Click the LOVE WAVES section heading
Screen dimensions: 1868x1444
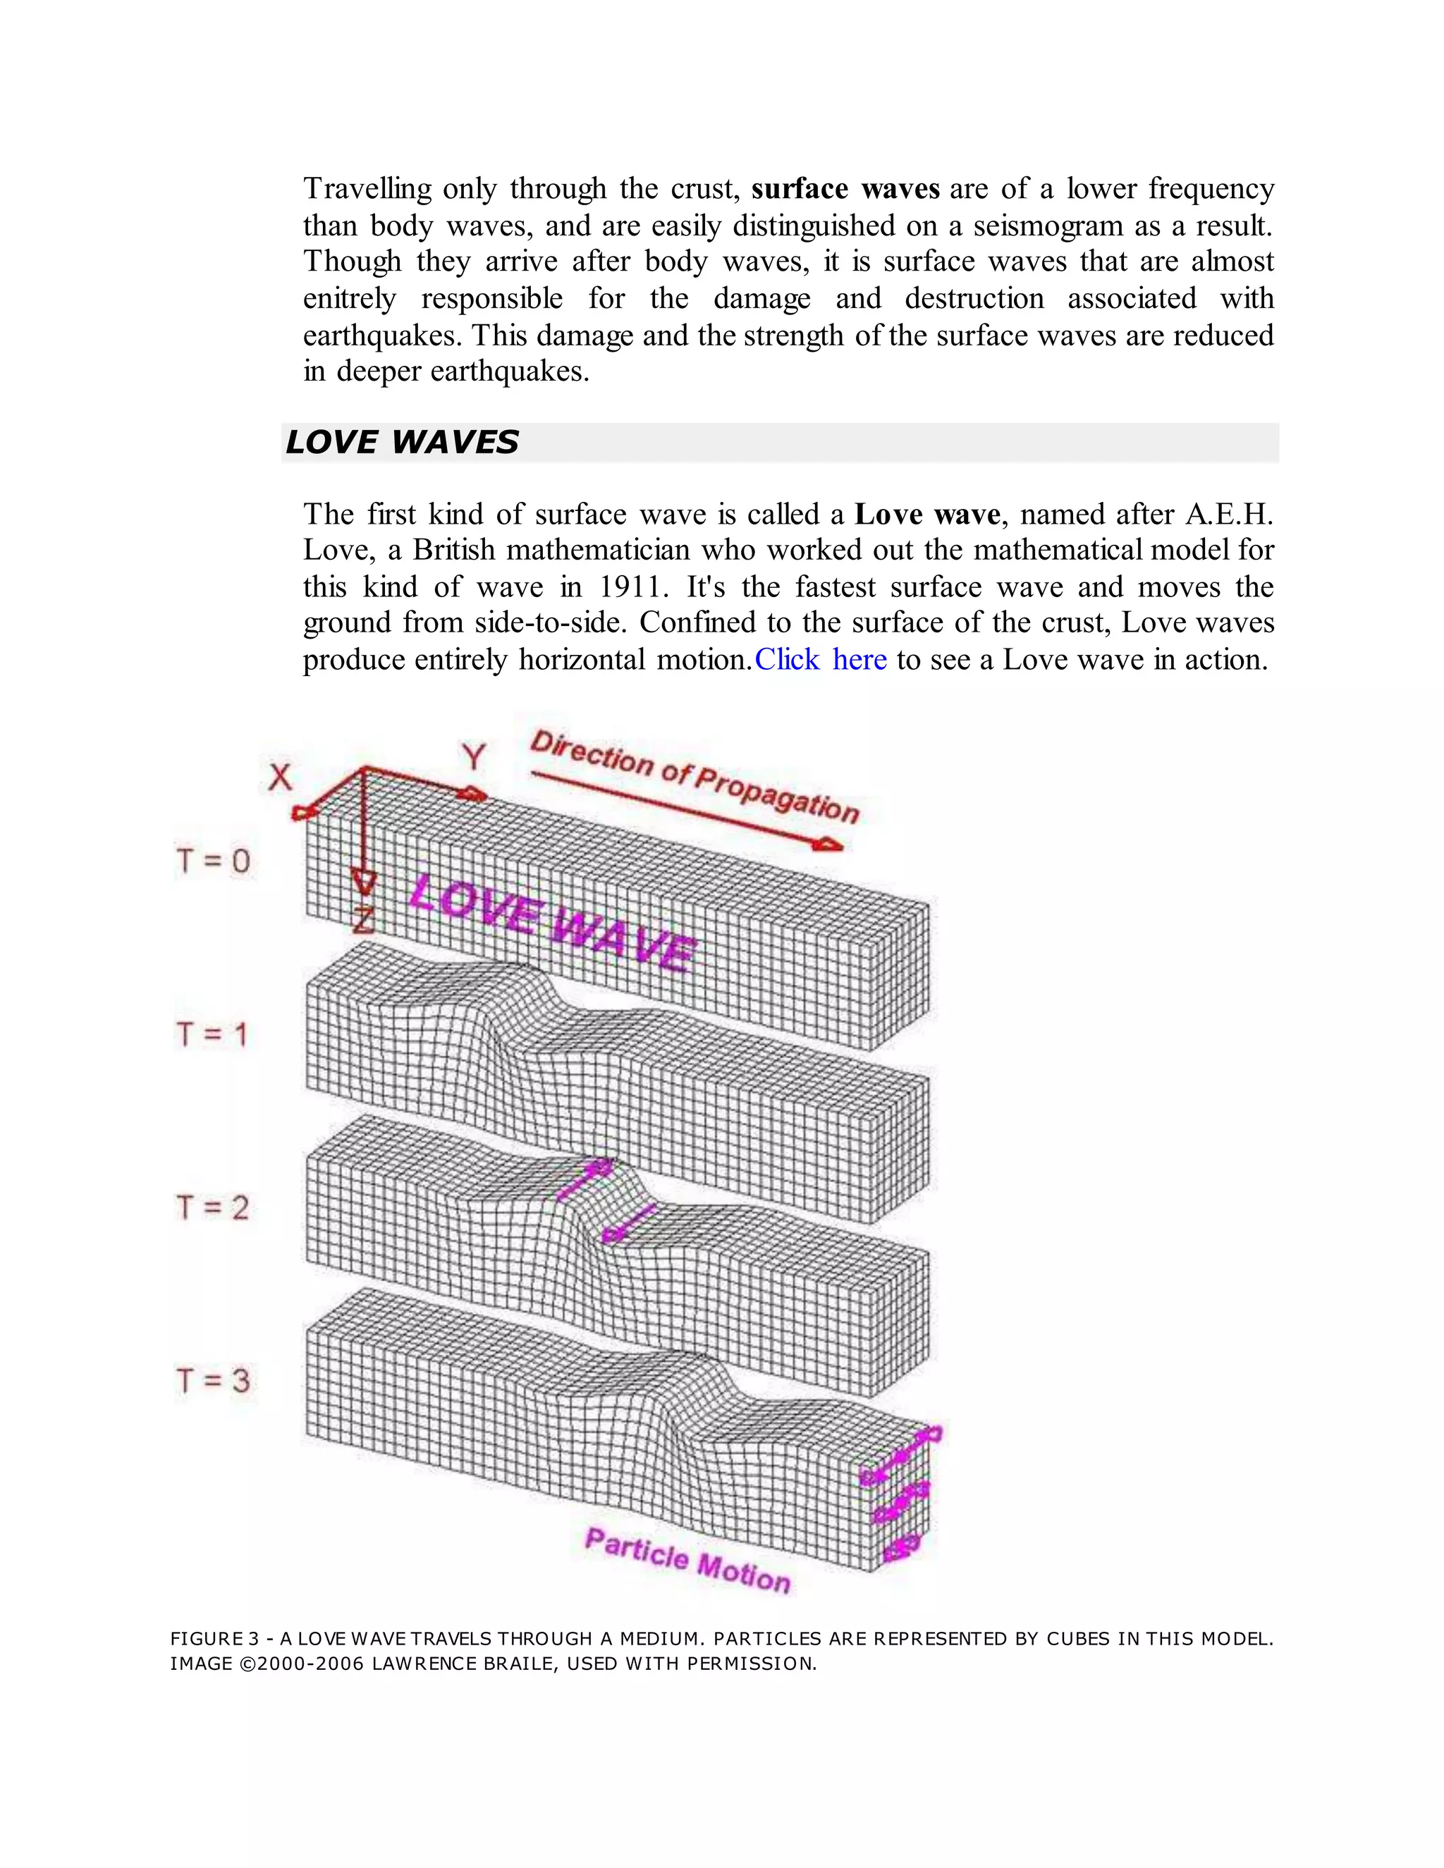(402, 442)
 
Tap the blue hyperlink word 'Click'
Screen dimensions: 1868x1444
(786, 660)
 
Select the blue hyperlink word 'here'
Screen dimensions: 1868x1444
(859, 660)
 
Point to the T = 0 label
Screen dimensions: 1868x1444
(213, 861)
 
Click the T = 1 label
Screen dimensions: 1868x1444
(212, 1034)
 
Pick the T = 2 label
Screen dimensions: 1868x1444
(212, 1208)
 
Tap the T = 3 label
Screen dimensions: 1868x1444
(213, 1380)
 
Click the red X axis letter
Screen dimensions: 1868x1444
(281, 778)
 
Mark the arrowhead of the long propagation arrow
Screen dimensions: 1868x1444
(828, 845)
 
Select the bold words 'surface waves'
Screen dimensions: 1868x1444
(845, 188)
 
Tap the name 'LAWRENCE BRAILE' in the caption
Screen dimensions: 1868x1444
(467, 1664)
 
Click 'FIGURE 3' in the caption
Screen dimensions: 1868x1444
(214, 1639)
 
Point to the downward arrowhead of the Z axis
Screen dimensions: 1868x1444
(364, 883)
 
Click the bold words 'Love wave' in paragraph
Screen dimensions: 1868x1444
(927, 514)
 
